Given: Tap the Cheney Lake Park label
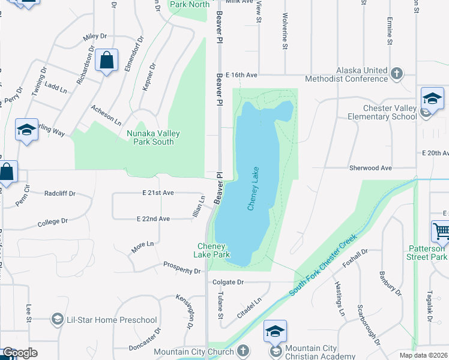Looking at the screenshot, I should point(212,250).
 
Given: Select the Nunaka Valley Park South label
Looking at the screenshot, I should point(150,137).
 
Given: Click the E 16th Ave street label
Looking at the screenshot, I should point(238,75).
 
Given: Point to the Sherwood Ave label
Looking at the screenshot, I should point(370,169).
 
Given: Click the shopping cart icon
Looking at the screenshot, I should point(441,231).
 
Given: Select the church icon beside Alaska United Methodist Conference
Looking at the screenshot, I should point(396,74).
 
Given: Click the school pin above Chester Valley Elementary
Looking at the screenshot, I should point(432,98).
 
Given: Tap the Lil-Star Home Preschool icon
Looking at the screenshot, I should point(58,319).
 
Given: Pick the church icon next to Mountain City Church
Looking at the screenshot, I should point(243,350).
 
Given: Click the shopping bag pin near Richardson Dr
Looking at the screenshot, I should point(107,61).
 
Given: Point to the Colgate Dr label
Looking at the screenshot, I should point(228,281).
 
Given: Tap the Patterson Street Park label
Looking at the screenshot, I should point(427,253).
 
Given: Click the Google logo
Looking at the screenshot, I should point(20,353).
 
